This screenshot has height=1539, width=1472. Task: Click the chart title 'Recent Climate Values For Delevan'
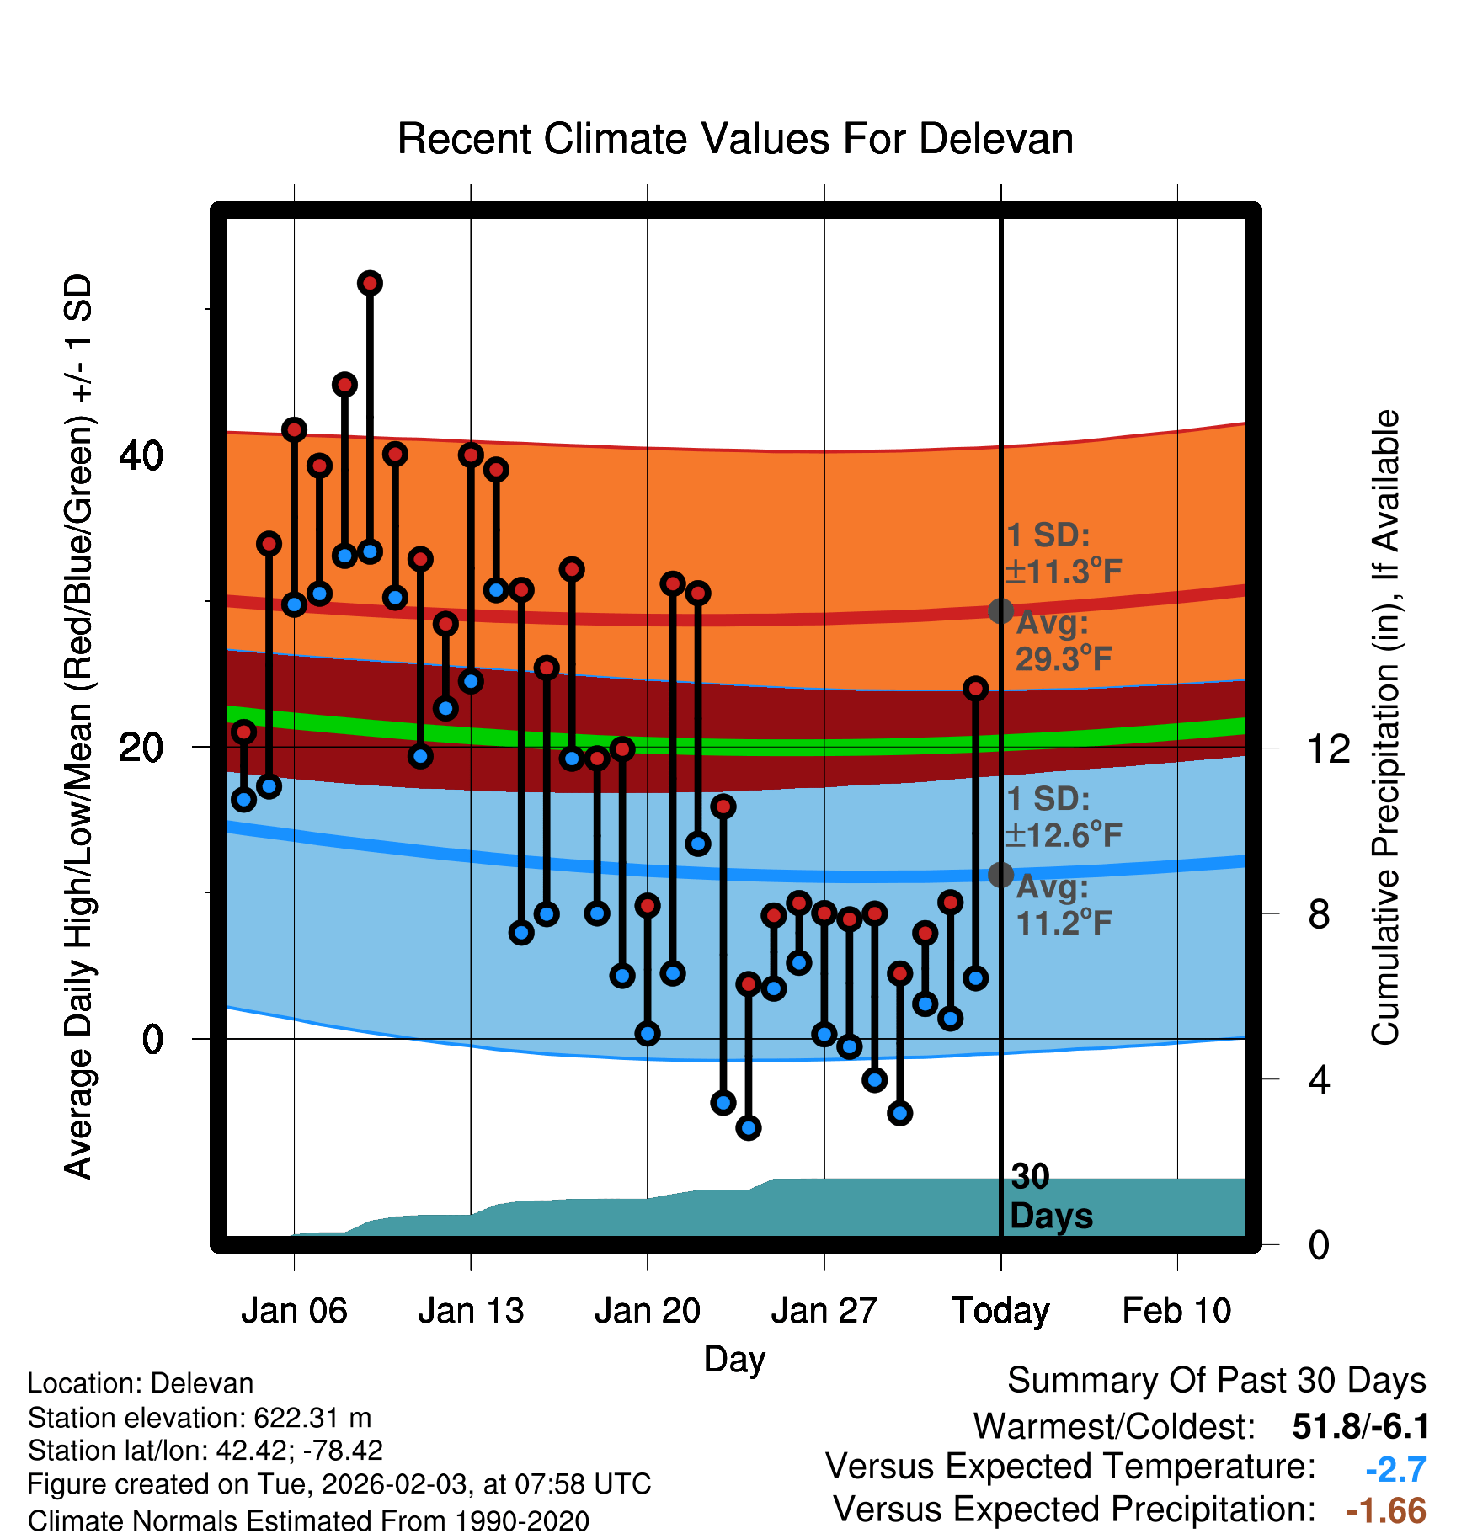[735, 139]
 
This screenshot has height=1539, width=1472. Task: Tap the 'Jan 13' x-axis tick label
[471, 1311]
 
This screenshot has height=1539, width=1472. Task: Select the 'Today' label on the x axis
[1000, 1311]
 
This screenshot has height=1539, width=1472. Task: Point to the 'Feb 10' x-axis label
[1176, 1311]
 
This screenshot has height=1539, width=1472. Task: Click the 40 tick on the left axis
[141, 455]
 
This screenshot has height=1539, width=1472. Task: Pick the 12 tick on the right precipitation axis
[1329, 748]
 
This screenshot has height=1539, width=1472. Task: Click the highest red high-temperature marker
[370, 283]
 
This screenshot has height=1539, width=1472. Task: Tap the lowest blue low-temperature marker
[748, 1127]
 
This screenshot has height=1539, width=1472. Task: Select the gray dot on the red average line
[1000, 611]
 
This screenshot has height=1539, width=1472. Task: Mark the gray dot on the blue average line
[1000, 875]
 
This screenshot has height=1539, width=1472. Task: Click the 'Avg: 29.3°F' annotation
[1063, 642]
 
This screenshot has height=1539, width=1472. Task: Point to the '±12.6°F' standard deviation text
[1064, 835]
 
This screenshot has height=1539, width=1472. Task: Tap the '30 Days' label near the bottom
[1050, 1196]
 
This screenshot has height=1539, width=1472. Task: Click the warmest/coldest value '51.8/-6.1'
[1360, 1426]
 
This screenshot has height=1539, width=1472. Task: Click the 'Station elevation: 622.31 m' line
[200, 1418]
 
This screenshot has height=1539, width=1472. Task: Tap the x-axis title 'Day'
[734, 1359]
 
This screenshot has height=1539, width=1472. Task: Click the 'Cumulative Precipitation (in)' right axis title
[1385, 727]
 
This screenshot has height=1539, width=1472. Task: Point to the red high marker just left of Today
[975, 689]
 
